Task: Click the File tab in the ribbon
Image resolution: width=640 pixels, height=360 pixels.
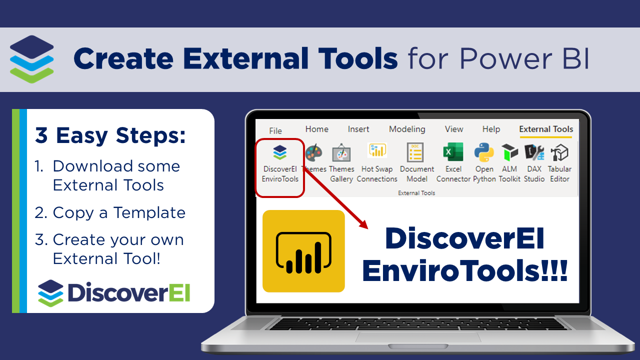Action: tap(275, 130)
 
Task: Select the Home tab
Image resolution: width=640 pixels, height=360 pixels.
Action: tap(317, 129)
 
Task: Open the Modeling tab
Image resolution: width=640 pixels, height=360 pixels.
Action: tap(407, 129)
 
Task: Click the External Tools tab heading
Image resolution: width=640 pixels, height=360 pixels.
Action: tap(546, 129)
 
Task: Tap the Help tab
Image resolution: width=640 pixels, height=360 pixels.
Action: tap(491, 129)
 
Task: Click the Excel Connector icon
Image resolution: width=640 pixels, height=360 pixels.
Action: tap(453, 152)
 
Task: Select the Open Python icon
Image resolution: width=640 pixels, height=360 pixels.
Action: tap(484, 152)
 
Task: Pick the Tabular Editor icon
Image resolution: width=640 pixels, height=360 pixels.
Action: tap(559, 152)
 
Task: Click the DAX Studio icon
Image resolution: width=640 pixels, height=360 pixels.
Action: tap(534, 152)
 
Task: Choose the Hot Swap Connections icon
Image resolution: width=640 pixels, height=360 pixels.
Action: tap(377, 151)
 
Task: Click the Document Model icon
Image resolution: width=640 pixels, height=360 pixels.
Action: tap(416, 152)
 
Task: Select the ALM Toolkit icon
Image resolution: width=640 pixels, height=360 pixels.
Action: tap(509, 152)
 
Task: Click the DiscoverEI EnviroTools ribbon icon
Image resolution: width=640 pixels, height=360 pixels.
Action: tap(280, 153)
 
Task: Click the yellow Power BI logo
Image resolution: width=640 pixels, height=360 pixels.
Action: tap(303, 251)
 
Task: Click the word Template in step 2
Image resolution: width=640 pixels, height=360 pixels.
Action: tap(149, 212)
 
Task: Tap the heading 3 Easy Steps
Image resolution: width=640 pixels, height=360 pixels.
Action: tap(110, 135)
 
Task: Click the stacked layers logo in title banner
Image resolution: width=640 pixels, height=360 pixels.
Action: tap(32, 59)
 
